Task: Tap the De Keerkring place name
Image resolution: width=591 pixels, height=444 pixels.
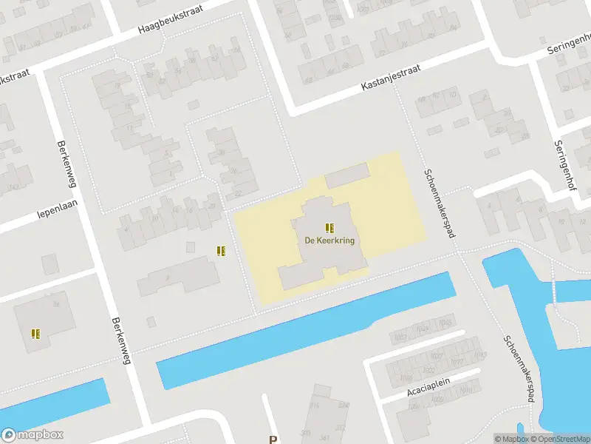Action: (x=329, y=240)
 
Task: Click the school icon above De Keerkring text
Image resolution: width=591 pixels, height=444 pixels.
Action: (x=329, y=227)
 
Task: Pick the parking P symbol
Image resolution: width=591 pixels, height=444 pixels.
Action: (x=273, y=439)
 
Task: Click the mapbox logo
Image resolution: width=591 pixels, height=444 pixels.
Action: (x=33, y=435)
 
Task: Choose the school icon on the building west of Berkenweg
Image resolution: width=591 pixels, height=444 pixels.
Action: (x=35, y=334)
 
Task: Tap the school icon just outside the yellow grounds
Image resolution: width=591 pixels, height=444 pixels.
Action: (x=221, y=251)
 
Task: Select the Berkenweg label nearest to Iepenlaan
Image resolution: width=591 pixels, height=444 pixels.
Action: (x=64, y=164)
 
